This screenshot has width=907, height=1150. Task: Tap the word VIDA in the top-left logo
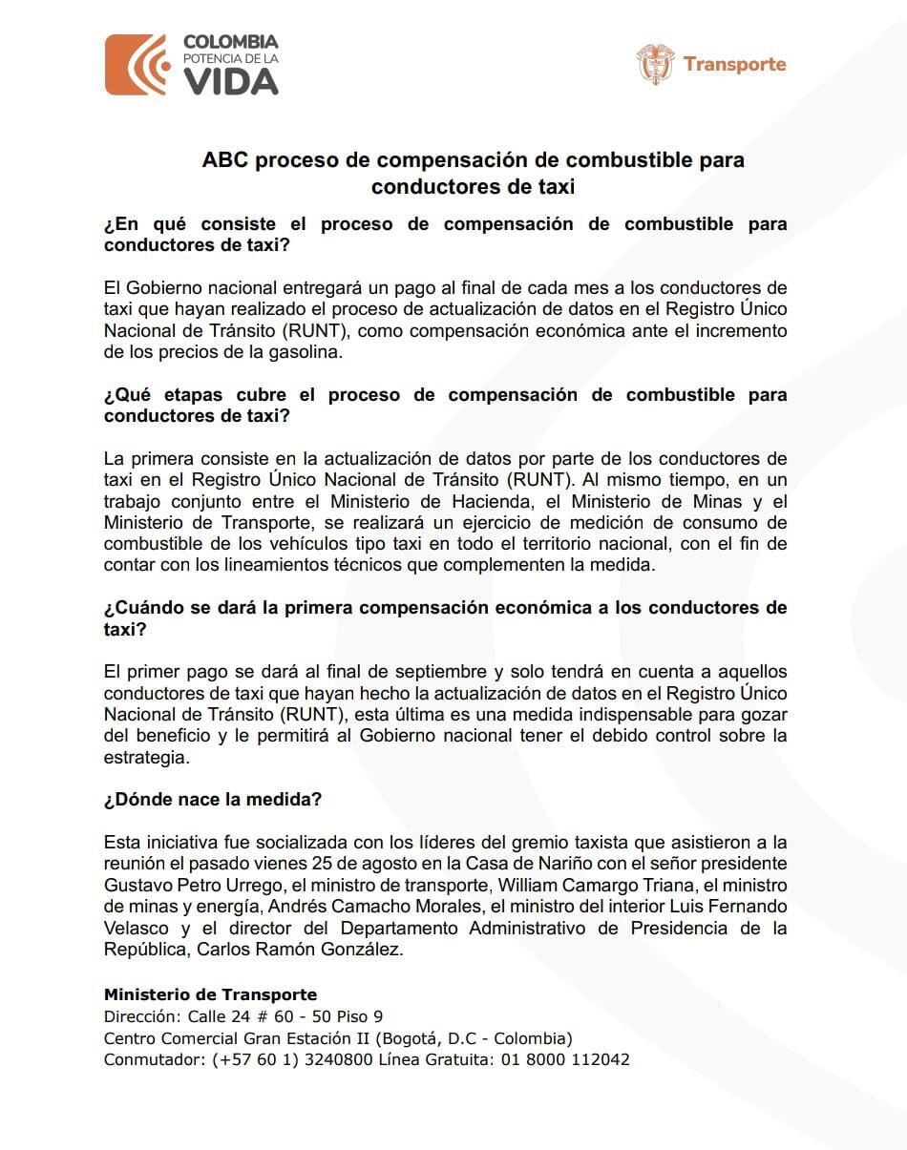point(230,82)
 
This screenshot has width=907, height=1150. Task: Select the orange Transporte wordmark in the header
point(734,65)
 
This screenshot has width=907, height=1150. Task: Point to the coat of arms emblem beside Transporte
point(655,64)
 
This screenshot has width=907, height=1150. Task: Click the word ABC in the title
point(221,159)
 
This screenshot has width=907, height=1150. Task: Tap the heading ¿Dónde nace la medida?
point(212,800)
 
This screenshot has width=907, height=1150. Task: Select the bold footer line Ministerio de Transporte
point(210,994)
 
